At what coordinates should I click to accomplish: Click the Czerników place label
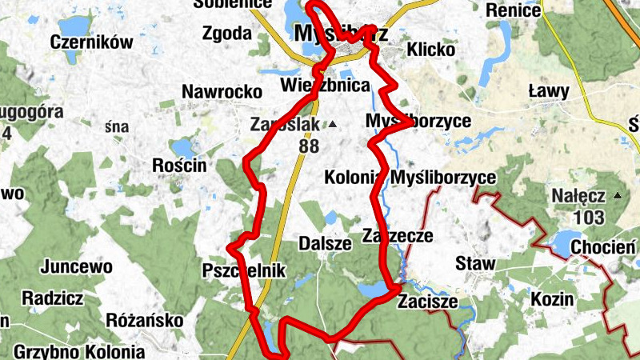[90, 42]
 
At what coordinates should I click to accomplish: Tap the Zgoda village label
[227, 34]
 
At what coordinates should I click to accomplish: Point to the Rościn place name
[179, 165]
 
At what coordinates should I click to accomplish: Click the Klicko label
[430, 50]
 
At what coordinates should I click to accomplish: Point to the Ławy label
[548, 92]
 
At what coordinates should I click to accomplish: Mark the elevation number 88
[307, 146]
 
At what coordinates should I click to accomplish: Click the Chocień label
[603, 246]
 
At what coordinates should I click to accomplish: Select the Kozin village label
[552, 299]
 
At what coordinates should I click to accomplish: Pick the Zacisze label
[427, 302]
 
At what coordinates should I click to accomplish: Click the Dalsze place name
[324, 243]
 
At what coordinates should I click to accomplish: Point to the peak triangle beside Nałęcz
[616, 195]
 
